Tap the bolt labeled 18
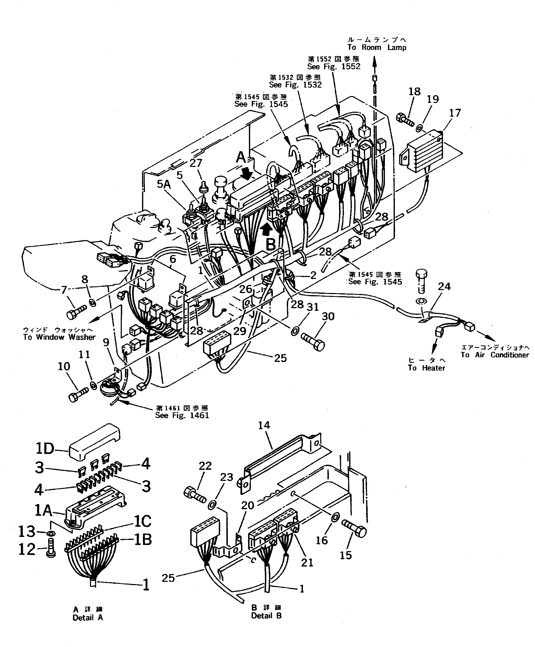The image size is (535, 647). point(404,120)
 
